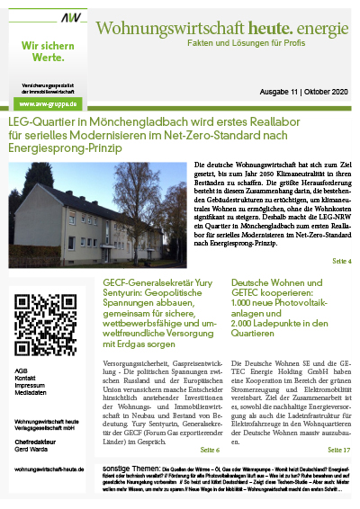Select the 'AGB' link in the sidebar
point(22,371)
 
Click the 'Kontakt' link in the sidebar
point(27,379)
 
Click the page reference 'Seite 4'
point(340,262)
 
